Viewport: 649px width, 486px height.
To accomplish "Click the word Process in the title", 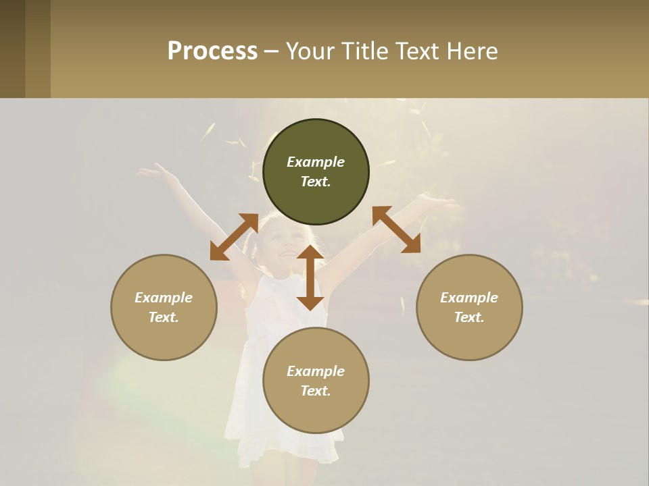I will [x=212, y=51].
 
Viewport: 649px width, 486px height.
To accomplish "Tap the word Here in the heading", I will [x=471, y=51].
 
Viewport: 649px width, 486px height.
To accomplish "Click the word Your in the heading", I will [x=311, y=51].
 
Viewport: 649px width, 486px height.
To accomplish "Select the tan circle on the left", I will [x=164, y=307].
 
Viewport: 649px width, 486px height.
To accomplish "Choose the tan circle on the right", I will [x=469, y=307].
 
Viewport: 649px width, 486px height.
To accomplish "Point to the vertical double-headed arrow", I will [x=310, y=277].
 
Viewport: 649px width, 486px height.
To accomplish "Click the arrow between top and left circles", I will [x=234, y=237].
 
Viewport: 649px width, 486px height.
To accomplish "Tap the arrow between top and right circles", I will [x=397, y=230].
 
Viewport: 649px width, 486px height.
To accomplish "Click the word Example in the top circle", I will [x=316, y=162].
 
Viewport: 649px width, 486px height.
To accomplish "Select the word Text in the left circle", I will [x=164, y=317].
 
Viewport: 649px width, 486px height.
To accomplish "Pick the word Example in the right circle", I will [x=469, y=298].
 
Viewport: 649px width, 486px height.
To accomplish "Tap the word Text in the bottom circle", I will [x=316, y=391].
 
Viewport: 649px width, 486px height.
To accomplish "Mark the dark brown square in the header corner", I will [x=12, y=49].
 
